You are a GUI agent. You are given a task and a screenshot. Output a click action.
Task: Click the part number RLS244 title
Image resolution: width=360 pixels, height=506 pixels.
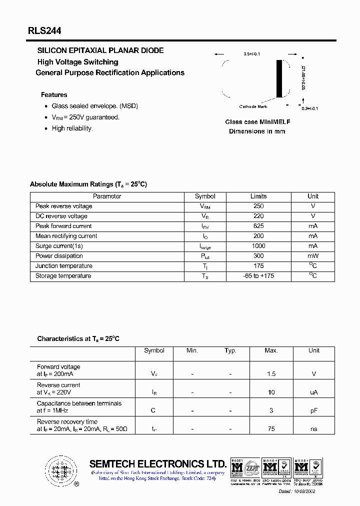[x=44, y=31]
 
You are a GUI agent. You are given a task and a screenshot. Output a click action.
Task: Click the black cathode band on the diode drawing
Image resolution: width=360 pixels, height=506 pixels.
[x=279, y=79]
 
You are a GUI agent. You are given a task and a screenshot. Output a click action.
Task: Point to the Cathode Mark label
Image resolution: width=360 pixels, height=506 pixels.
[x=253, y=106]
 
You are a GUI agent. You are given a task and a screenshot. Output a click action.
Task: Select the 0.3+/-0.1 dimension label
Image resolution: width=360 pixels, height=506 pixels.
[x=309, y=108]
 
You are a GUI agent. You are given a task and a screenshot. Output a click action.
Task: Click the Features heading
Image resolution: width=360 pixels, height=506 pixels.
[x=54, y=94]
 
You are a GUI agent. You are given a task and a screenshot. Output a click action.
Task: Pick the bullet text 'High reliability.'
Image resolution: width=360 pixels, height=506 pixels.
[x=72, y=128]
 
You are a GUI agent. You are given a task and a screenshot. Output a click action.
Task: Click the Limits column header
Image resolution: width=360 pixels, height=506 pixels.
[x=258, y=196]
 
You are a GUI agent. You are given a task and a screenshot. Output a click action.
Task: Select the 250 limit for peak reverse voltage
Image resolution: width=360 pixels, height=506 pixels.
[x=258, y=206]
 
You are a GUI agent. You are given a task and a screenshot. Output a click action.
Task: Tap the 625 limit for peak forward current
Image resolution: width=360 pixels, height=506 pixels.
[x=258, y=226]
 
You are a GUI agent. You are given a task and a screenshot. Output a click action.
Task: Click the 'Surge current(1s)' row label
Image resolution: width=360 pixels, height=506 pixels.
[x=59, y=246]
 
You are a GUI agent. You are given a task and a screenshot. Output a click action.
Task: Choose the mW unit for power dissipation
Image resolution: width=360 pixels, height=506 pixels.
[x=313, y=256]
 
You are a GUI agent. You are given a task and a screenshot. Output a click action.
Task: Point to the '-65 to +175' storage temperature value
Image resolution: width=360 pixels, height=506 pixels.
[x=258, y=276]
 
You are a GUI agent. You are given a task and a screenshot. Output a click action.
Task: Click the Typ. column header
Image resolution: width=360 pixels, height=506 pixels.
[x=230, y=350]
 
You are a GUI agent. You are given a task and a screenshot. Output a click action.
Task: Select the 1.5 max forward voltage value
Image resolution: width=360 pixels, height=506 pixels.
[x=271, y=374]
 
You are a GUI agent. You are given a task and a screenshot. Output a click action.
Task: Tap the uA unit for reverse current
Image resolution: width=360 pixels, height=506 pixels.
[x=313, y=392]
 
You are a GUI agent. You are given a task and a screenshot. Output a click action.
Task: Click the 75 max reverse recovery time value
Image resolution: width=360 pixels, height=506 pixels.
[x=271, y=429]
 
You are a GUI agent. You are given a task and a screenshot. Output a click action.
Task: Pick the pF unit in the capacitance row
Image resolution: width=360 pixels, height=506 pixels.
[x=313, y=410]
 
